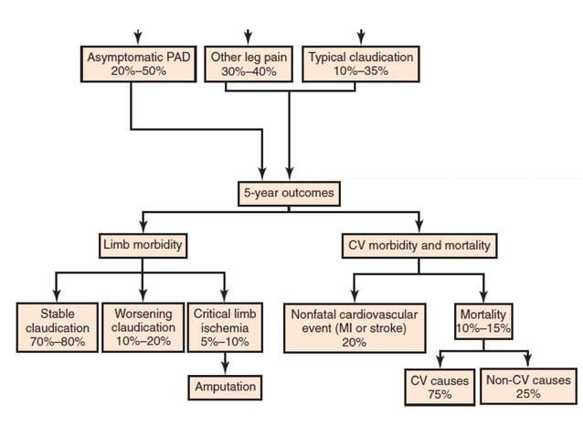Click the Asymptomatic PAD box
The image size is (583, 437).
coord(140,63)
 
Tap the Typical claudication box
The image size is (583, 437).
coord(360,63)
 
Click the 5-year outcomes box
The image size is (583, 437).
coord(289,193)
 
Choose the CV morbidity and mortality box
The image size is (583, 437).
coord(419,245)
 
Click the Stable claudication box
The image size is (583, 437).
coord(58,326)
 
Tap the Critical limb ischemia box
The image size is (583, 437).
coord(225,326)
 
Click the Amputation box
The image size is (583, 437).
coord(225,387)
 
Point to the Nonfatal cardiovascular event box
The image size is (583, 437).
coord(354,326)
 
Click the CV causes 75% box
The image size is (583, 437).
coord(439,387)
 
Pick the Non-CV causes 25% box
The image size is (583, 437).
coord(528,387)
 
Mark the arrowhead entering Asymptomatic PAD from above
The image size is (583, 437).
coord(138,38)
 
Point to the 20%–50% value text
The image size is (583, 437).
coord(140,70)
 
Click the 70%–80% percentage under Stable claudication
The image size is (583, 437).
coord(58,341)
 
